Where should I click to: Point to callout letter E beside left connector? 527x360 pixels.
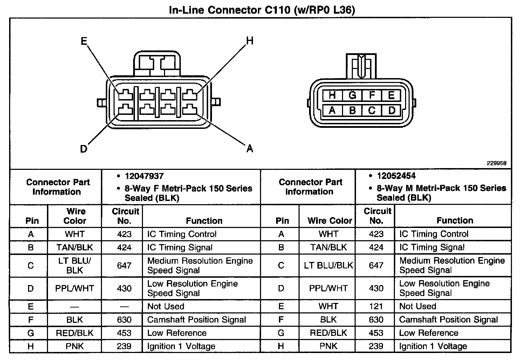point(84,41)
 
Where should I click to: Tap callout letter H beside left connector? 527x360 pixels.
point(249,41)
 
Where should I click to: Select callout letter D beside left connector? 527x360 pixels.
point(83,149)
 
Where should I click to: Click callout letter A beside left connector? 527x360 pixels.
point(249,149)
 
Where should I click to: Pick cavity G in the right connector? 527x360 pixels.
point(352,95)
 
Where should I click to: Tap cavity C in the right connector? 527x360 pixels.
point(372,111)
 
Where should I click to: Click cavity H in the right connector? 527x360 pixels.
point(332,95)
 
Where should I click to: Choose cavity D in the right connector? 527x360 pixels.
point(391,111)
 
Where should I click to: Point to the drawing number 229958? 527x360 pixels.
point(496,163)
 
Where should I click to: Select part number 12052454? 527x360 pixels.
point(396,176)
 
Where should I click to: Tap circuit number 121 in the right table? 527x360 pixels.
point(376,306)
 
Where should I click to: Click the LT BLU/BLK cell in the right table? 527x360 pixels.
point(328,265)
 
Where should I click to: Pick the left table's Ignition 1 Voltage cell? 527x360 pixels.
point(181,346)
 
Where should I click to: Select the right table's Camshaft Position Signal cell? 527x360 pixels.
point(448,320)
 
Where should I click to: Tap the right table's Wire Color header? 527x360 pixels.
point(329,221)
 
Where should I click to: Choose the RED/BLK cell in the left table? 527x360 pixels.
point(75,333)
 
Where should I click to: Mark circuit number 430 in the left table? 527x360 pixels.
point(124,289)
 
